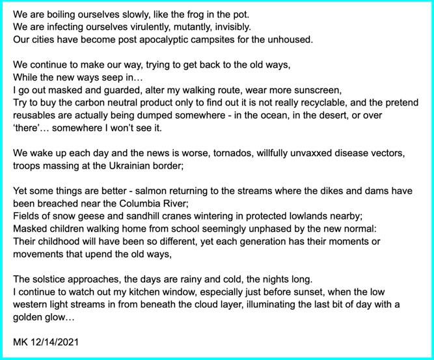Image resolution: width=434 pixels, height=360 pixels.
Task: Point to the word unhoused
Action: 290,39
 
